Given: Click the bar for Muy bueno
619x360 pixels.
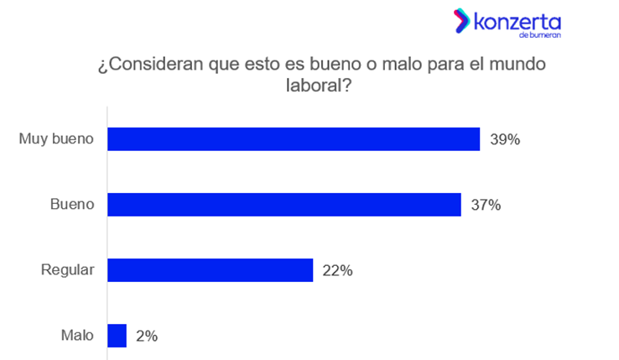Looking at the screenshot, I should click(x=294, y=138).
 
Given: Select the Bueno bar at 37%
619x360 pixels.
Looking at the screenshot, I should click(x=284, y=204).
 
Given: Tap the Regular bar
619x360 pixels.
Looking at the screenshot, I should click(x=210, y=269).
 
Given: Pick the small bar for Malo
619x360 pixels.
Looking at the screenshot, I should click(x=117, y=336).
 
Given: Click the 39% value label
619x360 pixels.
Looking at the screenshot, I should click(x=506, y=139).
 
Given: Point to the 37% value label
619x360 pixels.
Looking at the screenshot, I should click(x=486, y=205).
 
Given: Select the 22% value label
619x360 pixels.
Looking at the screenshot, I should click(x=338, y=270).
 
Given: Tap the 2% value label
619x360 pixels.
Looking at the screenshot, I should click(x=147, y=336).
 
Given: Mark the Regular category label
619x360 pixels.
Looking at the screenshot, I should click(x=68, y=269).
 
